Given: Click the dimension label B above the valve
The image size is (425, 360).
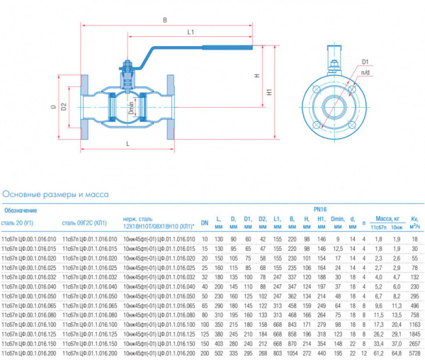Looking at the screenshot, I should point(164,21).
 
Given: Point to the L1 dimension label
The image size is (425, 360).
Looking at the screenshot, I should point(191,33).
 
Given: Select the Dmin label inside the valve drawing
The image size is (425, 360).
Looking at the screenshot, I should point(131,109).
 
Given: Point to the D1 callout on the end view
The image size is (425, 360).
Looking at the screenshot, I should point(365,62).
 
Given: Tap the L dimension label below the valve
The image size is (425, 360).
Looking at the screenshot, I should point(127,144).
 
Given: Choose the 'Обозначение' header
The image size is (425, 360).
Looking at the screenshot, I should point(21,210).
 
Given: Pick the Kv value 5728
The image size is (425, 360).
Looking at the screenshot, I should point(415,352).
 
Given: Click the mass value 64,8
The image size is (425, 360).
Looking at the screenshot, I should point(396,352).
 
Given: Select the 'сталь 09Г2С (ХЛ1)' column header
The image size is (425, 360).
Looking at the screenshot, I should point(89,223).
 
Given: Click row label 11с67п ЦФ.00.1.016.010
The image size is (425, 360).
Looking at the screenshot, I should point(30,240).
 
